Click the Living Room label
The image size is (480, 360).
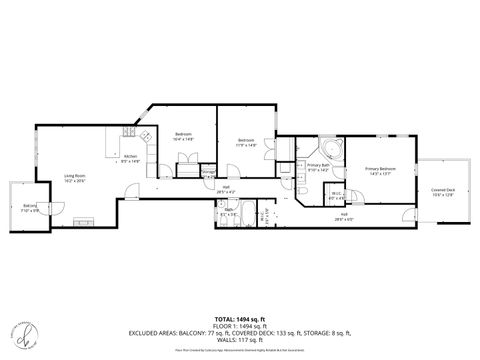(x=74, y=177)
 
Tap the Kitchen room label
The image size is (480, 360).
(x=131, y=158)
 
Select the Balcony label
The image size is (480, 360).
(x=30, y=208)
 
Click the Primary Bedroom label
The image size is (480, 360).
(x=380, y=171)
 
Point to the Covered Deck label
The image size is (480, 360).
(x=443, y=192)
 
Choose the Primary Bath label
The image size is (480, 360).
(x=319, y=167)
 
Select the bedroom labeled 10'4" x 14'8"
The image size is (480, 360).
(x=184, y=137)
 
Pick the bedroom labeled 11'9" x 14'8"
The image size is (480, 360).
(x=247, y=141)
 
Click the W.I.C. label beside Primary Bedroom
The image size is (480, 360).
(x=338, y=196)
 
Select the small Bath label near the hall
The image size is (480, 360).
(x=229, y=211)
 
